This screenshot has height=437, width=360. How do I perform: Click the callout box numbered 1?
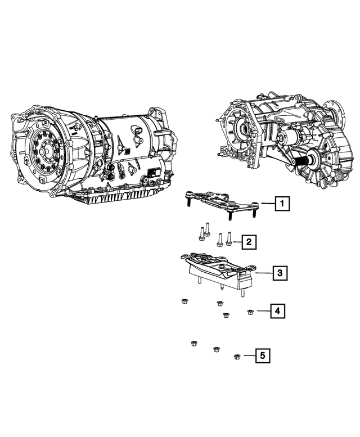(x=283, y=204)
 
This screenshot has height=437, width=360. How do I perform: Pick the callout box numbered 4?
(x=277, y=310)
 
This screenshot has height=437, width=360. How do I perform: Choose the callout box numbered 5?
(x=262, y=355)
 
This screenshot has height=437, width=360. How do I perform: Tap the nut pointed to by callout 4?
(x=251, y=311)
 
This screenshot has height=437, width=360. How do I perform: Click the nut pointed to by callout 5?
(x=237, y=356)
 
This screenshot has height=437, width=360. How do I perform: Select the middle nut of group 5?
(x=216, y=350)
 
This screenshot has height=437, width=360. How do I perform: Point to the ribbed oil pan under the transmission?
(x=118, y=197)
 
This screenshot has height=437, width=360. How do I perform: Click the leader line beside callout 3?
(x=264, y=274)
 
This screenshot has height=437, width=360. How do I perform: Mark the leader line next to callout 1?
(x=267, y=204)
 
